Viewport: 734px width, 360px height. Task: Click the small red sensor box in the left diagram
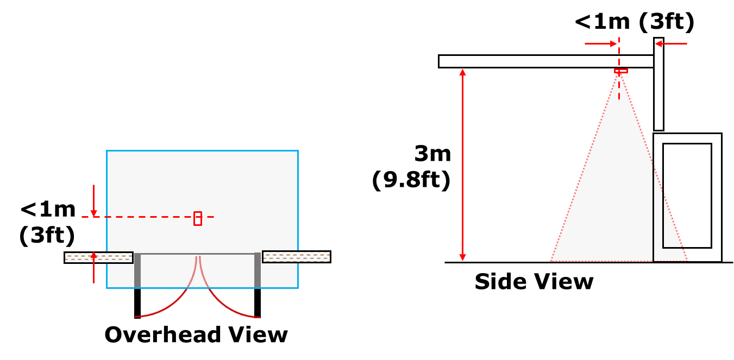198,218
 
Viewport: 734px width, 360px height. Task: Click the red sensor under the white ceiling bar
620,71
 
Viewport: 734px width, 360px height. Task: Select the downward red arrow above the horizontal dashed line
93,201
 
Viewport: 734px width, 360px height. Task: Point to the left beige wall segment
98,257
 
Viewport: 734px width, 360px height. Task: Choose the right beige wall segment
296,257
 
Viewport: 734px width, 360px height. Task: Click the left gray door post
137,270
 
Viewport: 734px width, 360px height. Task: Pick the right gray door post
258,270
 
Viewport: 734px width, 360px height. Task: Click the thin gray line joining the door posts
197,254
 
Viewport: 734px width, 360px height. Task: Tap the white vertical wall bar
658,84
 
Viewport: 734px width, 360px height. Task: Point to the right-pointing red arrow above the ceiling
601,43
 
